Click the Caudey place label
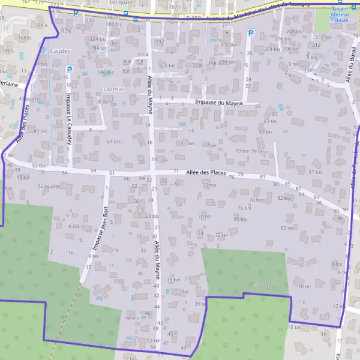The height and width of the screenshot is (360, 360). [x=60, y=52]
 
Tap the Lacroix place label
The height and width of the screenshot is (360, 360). [x=113, y=89]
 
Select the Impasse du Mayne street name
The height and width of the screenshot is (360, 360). [x=219, y=103]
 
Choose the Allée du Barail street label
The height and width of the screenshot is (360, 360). [x=349, y=67]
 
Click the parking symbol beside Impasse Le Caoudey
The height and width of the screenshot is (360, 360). [x=68, y=70]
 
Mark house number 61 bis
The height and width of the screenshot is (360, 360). [x=114, y=142]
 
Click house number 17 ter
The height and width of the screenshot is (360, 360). [x=209, y=145]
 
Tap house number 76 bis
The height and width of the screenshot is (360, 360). [x=244, y=208]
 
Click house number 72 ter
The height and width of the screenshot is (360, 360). [x=221, y=235]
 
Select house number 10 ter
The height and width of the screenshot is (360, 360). [x=305, y=287]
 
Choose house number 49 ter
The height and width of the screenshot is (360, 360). [x=40, y=130]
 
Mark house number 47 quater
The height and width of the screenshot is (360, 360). [x=30, y=98]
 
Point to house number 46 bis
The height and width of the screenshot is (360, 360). [x=131, y=317]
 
